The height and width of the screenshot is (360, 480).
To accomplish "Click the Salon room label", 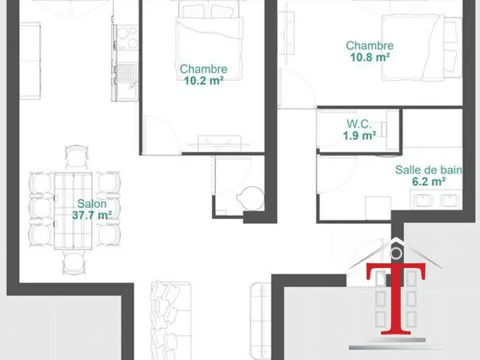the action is point(92,203).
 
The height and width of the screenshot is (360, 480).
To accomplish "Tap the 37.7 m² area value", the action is point(92,215).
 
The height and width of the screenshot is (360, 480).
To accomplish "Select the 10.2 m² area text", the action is point(203,81).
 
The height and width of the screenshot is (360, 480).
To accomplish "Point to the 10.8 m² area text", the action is point(370,57).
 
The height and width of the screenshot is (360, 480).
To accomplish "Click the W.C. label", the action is point(359,124).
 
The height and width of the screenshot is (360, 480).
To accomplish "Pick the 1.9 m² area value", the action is point(359,135).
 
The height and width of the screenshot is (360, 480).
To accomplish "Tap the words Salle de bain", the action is point(429,170).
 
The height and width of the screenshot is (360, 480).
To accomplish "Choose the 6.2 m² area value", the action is point(429,182).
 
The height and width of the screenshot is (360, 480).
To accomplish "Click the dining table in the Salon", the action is point(73,211).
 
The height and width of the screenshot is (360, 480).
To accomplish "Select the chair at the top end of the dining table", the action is point(77,157).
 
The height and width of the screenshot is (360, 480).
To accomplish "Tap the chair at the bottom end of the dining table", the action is point(74,262).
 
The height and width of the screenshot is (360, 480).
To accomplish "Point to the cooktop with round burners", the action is point(126,38).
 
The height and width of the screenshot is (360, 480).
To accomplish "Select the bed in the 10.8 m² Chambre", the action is point(422,48).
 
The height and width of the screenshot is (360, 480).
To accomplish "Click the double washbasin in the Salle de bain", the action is point(436,199).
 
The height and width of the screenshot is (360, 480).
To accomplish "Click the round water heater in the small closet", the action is point(250,198).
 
